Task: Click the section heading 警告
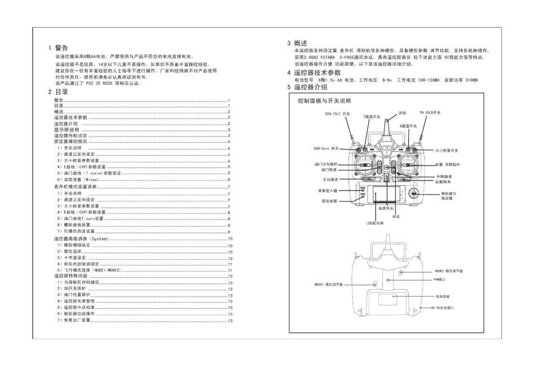62,48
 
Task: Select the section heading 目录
62,92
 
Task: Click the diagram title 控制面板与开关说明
325,101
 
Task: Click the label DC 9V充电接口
442,308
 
